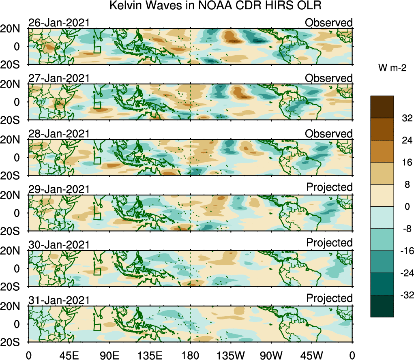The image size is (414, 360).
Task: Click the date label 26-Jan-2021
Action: point(59,23)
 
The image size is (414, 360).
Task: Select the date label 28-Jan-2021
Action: point(59,134)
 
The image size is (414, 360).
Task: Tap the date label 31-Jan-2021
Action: point(59,300)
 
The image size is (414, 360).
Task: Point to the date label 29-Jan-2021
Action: point(59,189)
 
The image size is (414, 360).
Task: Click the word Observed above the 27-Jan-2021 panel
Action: point(328,78)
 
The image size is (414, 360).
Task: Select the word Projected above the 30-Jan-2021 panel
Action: point(329,243)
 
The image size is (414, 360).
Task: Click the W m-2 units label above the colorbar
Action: point(392,69)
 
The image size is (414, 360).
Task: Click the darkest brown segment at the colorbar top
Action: point(382,107)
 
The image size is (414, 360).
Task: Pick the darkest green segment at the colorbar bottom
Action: point(382,306)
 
